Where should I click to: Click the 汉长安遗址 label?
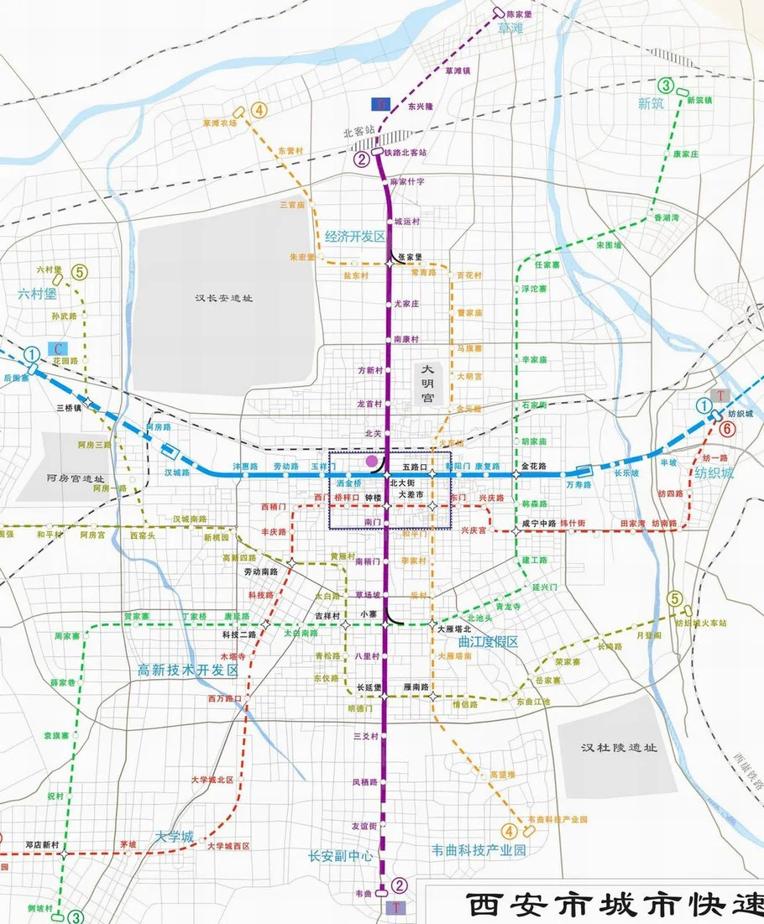point(224,298)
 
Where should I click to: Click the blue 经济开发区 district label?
point(353,237)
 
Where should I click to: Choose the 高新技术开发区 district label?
point(189,671)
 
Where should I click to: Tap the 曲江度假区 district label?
point(488,642)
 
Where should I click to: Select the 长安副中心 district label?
point(340,855)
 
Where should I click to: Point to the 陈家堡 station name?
point(525,14)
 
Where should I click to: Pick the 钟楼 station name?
point(373,497)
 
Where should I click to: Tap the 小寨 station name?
point(366,614)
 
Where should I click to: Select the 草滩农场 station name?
point(220,122)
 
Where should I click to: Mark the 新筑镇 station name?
point(699,100)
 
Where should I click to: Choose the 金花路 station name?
point(534,464)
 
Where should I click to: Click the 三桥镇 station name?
point(68,407)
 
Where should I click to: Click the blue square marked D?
point(382,104)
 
